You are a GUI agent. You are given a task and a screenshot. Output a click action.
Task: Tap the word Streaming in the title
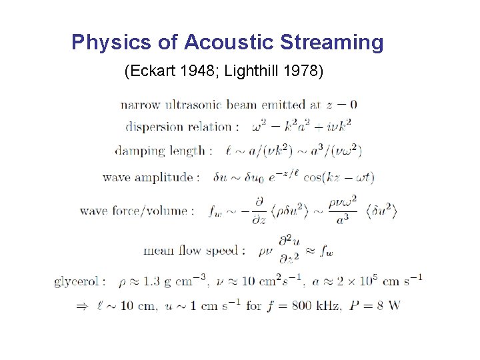[331, 43]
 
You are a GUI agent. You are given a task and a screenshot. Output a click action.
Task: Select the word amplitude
[166, 177]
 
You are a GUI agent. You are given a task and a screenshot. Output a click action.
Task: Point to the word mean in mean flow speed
[158, 251]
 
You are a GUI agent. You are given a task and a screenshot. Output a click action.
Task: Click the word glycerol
[77, 281]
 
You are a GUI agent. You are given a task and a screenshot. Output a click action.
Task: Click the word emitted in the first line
[283, 104]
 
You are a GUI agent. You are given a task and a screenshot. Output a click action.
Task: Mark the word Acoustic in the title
[229, 43]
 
